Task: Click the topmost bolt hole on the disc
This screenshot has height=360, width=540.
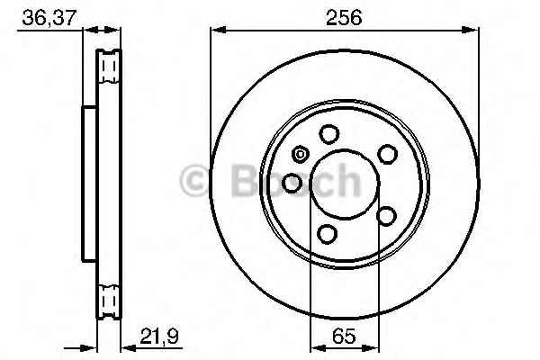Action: coord(328,135)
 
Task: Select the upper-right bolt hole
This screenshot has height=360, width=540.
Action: coord(387,154)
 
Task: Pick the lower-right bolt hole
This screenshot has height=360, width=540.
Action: coord(387,215)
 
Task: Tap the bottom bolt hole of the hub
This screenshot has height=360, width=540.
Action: coord(328,235)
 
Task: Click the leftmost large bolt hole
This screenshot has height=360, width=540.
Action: coord(292,184)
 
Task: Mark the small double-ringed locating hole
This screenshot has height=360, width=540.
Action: coord(300,153)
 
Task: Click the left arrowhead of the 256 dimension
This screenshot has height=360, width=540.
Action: coord(216,31)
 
